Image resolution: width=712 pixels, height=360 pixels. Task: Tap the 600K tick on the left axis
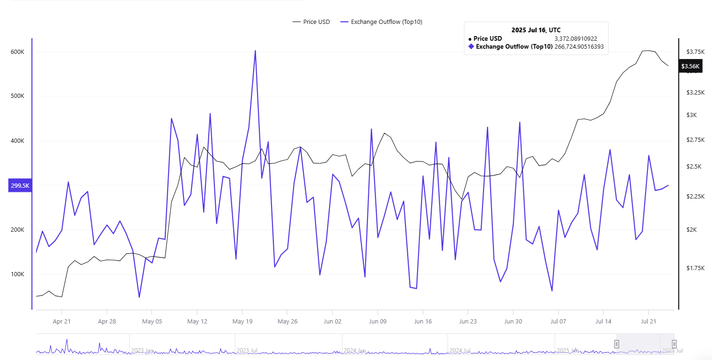[17, 51]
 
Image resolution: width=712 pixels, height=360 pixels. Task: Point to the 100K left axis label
[17, 274]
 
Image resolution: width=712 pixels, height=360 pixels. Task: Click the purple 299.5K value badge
[20, 186]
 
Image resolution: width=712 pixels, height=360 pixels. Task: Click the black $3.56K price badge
[690, 66]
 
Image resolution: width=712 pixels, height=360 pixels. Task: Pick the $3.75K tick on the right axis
[695, 51]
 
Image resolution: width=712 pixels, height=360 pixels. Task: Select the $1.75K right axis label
[695, 268]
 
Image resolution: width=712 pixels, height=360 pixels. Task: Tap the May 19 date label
[242, 322]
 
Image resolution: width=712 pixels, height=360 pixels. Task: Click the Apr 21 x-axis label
[61, 322]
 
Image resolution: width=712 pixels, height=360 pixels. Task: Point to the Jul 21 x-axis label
[648, 322]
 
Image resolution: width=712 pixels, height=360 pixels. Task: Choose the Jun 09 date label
[377, 322]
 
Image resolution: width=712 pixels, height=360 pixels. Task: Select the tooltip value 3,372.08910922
[575, 39]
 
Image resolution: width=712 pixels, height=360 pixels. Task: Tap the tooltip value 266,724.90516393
[579, 47]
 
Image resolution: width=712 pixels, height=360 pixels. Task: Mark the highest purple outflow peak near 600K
[255, 51]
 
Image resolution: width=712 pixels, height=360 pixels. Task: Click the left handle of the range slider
[617, 344]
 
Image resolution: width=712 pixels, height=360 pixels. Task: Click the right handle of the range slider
[674, 344]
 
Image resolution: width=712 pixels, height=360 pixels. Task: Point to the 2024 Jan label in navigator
[354, 350]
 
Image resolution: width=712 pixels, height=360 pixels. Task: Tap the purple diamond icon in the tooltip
[471, 47]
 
